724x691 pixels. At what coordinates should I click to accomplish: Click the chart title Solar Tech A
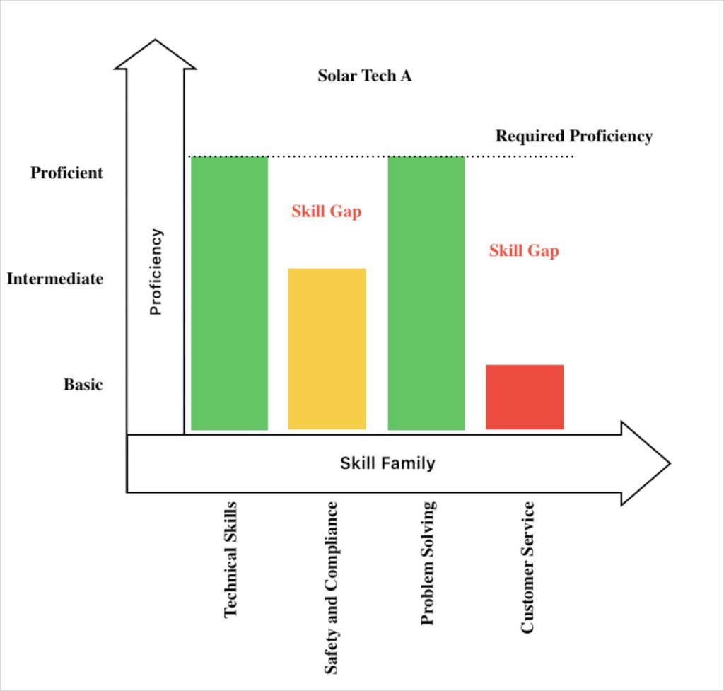[364, 76]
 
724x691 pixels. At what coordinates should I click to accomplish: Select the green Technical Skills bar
[230, 293]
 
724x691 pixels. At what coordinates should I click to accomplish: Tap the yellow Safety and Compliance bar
[327, 349]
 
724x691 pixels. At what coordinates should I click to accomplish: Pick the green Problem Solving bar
[426, 293]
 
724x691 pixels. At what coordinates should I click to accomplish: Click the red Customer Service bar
[525, 397]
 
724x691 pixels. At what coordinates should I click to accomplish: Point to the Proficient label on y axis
[66, 173]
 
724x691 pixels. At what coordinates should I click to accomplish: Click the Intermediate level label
[54, 279]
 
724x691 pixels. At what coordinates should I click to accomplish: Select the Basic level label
[83, 385]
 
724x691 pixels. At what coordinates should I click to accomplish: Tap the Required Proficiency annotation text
[573, 136]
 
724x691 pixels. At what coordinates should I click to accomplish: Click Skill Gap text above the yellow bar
[326, 211]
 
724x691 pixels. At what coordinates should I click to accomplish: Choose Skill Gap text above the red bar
[524, 250]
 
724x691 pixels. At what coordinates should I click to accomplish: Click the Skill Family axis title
[387, 464]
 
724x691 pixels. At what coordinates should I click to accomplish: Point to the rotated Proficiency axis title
[156, 272]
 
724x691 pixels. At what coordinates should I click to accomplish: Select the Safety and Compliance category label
[330, 587]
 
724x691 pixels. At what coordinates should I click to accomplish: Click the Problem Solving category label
[427, 562]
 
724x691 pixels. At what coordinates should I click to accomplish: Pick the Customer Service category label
[527, 567]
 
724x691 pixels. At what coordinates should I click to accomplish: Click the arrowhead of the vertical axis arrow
[156, 55]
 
